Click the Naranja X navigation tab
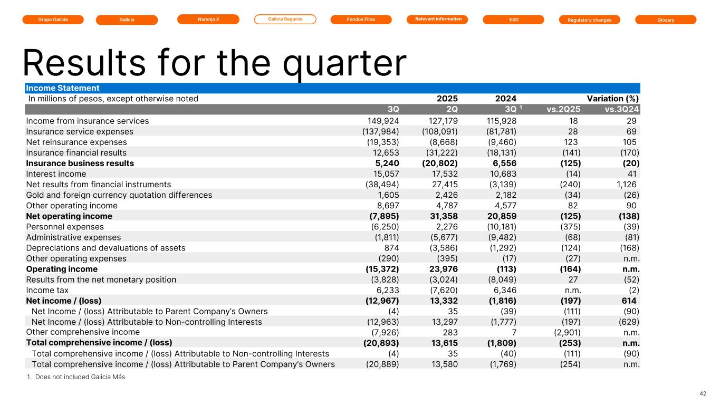pos(208,20)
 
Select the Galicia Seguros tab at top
pos(285,20)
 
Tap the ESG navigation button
pos(513,20)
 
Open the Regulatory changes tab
pos(589,20)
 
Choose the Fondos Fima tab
pos(361,20)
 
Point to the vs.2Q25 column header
pos(563,110)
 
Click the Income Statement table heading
pos(63,88)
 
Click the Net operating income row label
pos(69,216)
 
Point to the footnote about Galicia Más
pos(75,377)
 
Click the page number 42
pos(703,393)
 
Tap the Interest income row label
pos(56,173)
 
